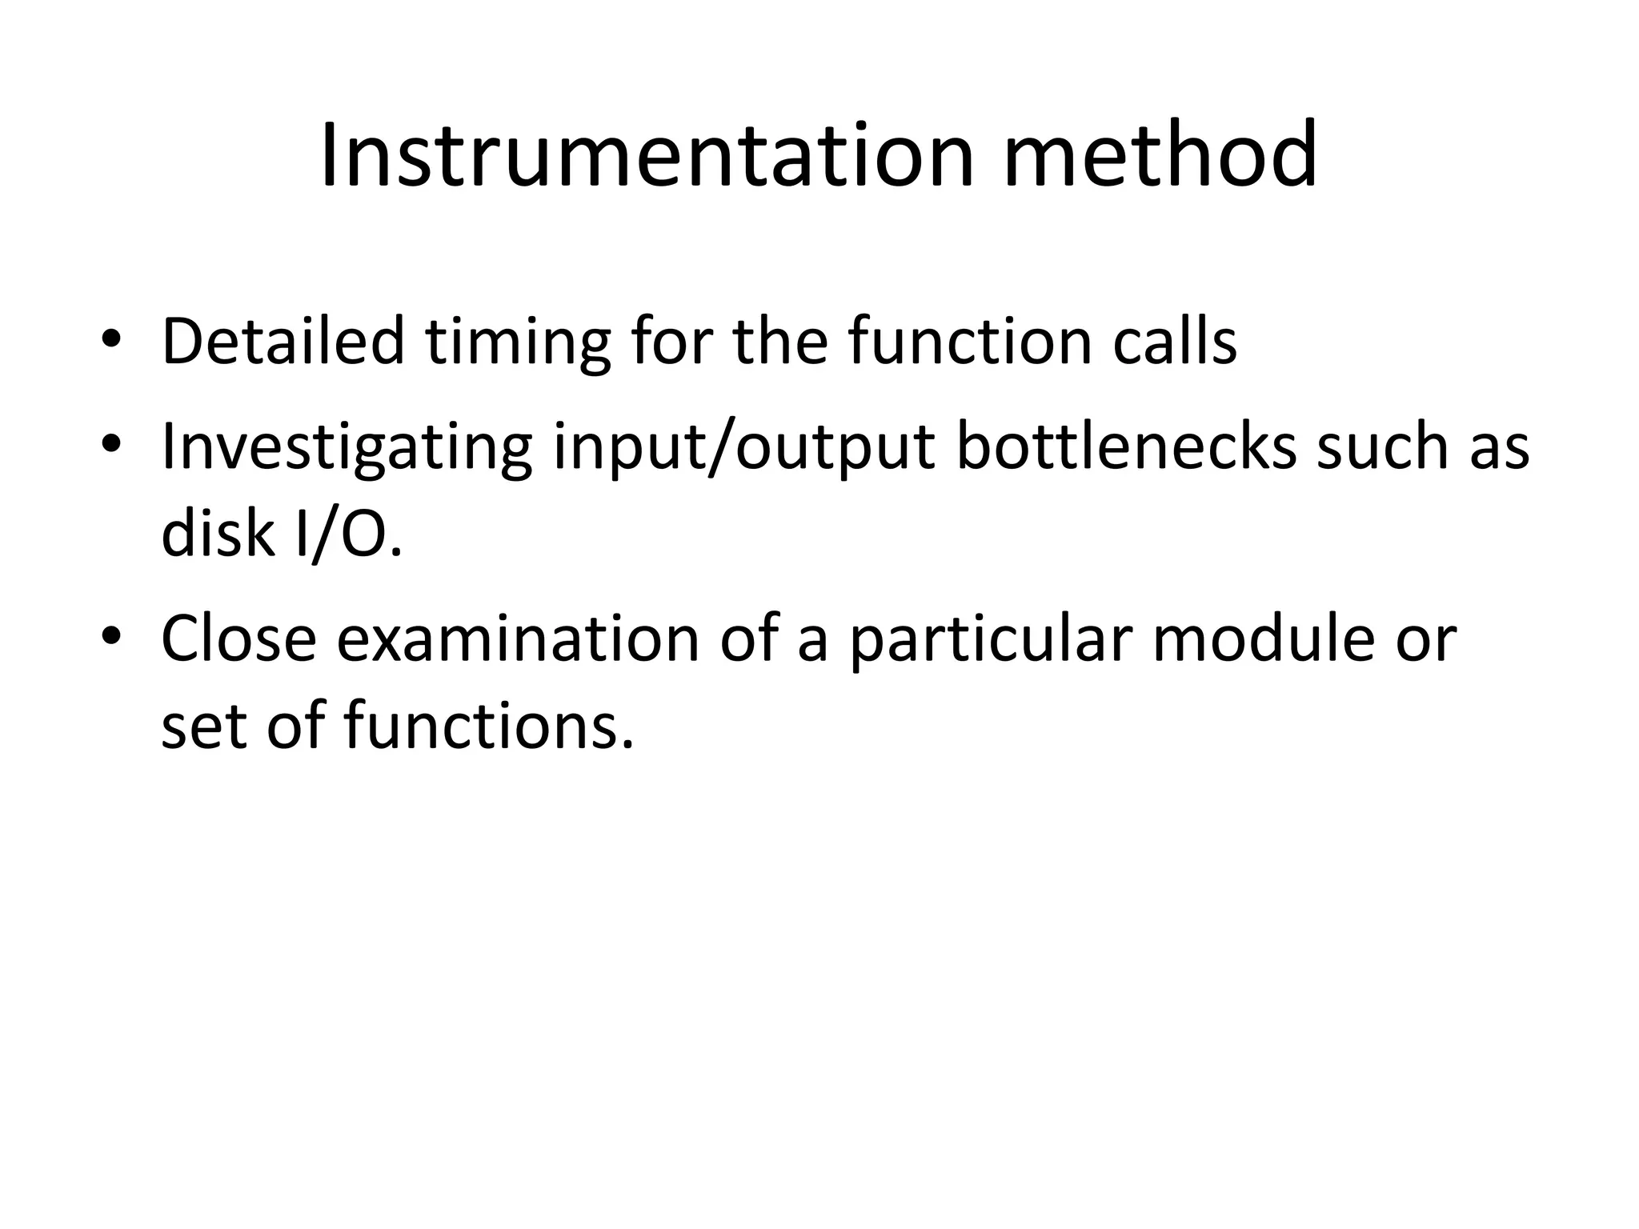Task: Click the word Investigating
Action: [346, 448]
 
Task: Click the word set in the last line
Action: [205, 727]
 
